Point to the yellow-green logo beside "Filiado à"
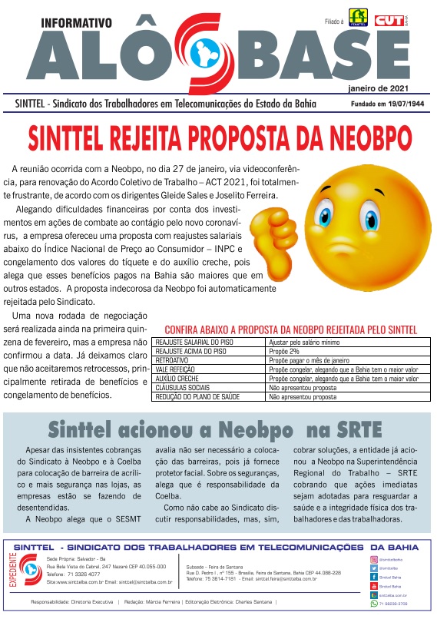click(358, 17)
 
